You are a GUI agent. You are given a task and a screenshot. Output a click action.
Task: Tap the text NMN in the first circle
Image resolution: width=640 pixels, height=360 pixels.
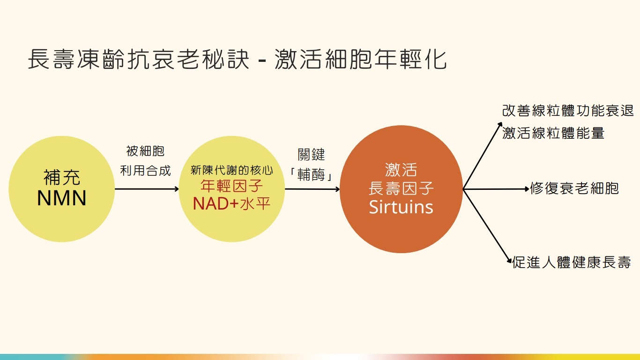(x=62, y=198)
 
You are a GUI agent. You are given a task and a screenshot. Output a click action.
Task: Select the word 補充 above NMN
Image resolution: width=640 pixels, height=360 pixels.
(x=62, y=178)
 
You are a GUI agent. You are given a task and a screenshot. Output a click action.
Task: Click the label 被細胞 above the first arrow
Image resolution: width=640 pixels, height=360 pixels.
(x=145, y=151)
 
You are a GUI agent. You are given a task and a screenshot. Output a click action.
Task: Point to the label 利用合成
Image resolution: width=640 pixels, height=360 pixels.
(x=145, y=171)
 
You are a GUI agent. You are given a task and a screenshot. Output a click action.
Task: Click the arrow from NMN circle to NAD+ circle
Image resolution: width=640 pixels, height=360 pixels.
(x=146, y=189)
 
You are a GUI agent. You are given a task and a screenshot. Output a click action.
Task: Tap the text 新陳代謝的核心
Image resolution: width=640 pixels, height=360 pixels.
(x=232, y=170)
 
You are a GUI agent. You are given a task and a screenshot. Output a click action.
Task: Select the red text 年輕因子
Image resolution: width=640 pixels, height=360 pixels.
(x=232, y=186)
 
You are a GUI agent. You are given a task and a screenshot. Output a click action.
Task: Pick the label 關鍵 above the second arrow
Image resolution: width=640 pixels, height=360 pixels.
(x=312, y=155)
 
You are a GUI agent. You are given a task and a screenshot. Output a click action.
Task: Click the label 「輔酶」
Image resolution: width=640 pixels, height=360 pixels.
(x=312, y=175)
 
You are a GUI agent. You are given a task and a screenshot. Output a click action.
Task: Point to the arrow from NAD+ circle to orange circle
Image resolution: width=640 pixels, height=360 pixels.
(x=312, y=189)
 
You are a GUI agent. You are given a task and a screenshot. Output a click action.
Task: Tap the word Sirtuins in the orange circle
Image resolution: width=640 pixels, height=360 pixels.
(x=401, y=207)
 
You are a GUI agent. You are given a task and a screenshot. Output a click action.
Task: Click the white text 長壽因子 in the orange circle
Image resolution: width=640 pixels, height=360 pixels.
(x=401, y=188)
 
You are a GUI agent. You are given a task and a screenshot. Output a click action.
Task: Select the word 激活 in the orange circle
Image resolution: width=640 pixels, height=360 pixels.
(x=401, y=169)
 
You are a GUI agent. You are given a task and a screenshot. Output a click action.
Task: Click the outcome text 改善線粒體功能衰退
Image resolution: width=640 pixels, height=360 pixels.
(x=568, y=111)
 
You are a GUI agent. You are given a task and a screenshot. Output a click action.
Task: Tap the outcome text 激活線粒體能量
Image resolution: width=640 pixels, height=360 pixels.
(x=553, y=133)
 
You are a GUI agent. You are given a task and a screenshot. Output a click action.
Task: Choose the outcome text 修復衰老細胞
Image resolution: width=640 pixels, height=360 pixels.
(x=574, y=188)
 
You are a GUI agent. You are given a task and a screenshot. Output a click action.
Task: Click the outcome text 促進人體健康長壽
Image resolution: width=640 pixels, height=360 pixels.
(x=572, y=262)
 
